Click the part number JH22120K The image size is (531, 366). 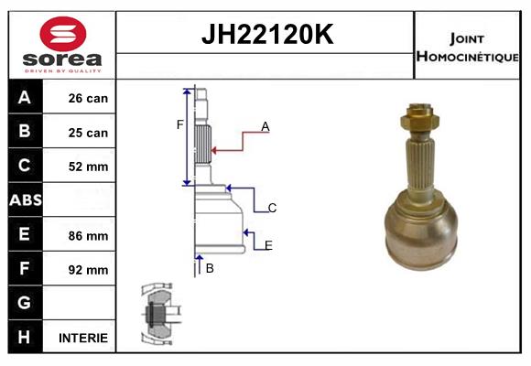coord(265,35)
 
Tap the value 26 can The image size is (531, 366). coord(88,98)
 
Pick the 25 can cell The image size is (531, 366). coord(88,133)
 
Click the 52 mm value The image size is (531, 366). coord(88,167)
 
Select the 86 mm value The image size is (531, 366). coord(88,235)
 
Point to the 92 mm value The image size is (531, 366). coord(88,270)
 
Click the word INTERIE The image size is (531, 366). coord(83,338)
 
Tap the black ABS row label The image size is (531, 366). coord(25,200)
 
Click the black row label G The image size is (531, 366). coord(25,303)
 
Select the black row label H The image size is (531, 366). coord(25,337)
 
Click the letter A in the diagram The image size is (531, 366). coord(265,127)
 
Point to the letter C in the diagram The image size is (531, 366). coord(272,209)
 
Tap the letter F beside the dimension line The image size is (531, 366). coord(180,124)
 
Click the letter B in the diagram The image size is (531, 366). coord(210,268)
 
